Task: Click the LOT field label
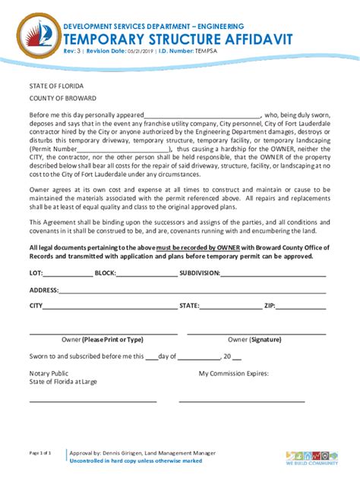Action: pyautogui.click(x=36, y=272)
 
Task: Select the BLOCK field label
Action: pyautogui.click(x=105, y=272)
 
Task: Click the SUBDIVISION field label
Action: pyautogui.click(x=204, y=272)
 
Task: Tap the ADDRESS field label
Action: pyautogui.click(x=44, y=290)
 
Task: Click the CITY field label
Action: pyautogui.click(x=36, y=306)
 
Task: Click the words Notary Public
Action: pyautogui.click(x=49, y=373)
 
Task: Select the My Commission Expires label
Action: pyautogui.click(x=234, y=373)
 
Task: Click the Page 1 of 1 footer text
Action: pyautogui.click(x=40, y=452)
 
